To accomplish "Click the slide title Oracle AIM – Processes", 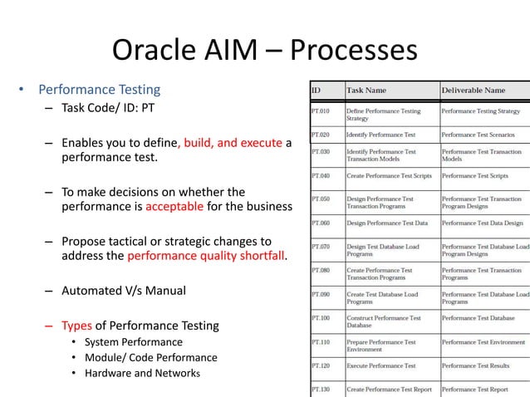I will pos(264,51).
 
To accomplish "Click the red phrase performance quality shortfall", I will pos(206,257).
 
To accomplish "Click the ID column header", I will pos(317,90).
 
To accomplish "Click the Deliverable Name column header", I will pos(474,90).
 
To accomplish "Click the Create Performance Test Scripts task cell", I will pos(386,177).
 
